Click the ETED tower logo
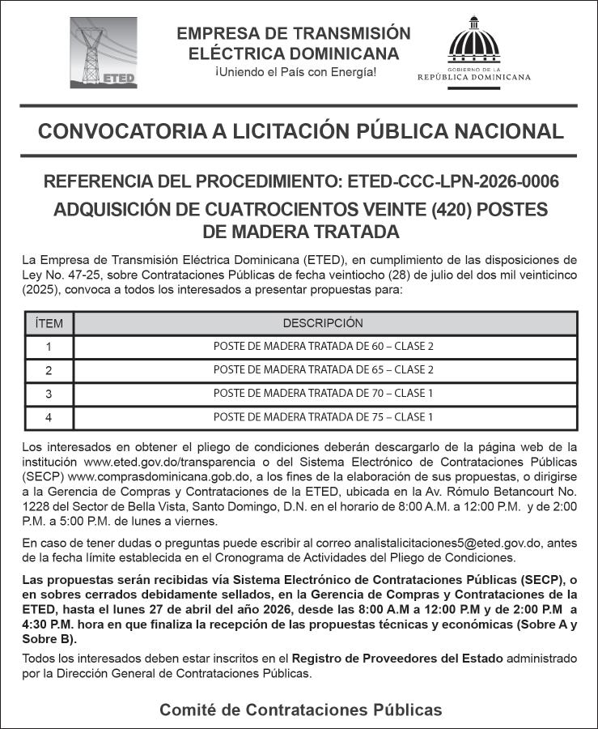click(103, 53)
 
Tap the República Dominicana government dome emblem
click(474, 49)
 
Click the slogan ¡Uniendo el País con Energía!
click(295, 74)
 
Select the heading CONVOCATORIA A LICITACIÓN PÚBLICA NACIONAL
click(300, 131)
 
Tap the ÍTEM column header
click(49, 323)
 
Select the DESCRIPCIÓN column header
click(323, 323)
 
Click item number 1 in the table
click(49, 347)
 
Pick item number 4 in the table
click(49, 418)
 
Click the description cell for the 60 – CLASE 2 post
click(323, 347)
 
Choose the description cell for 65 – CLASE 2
click(323, 370)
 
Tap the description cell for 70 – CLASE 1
click(323, 394)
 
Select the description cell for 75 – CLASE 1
click(323, 418)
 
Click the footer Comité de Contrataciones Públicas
click(300, 710)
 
